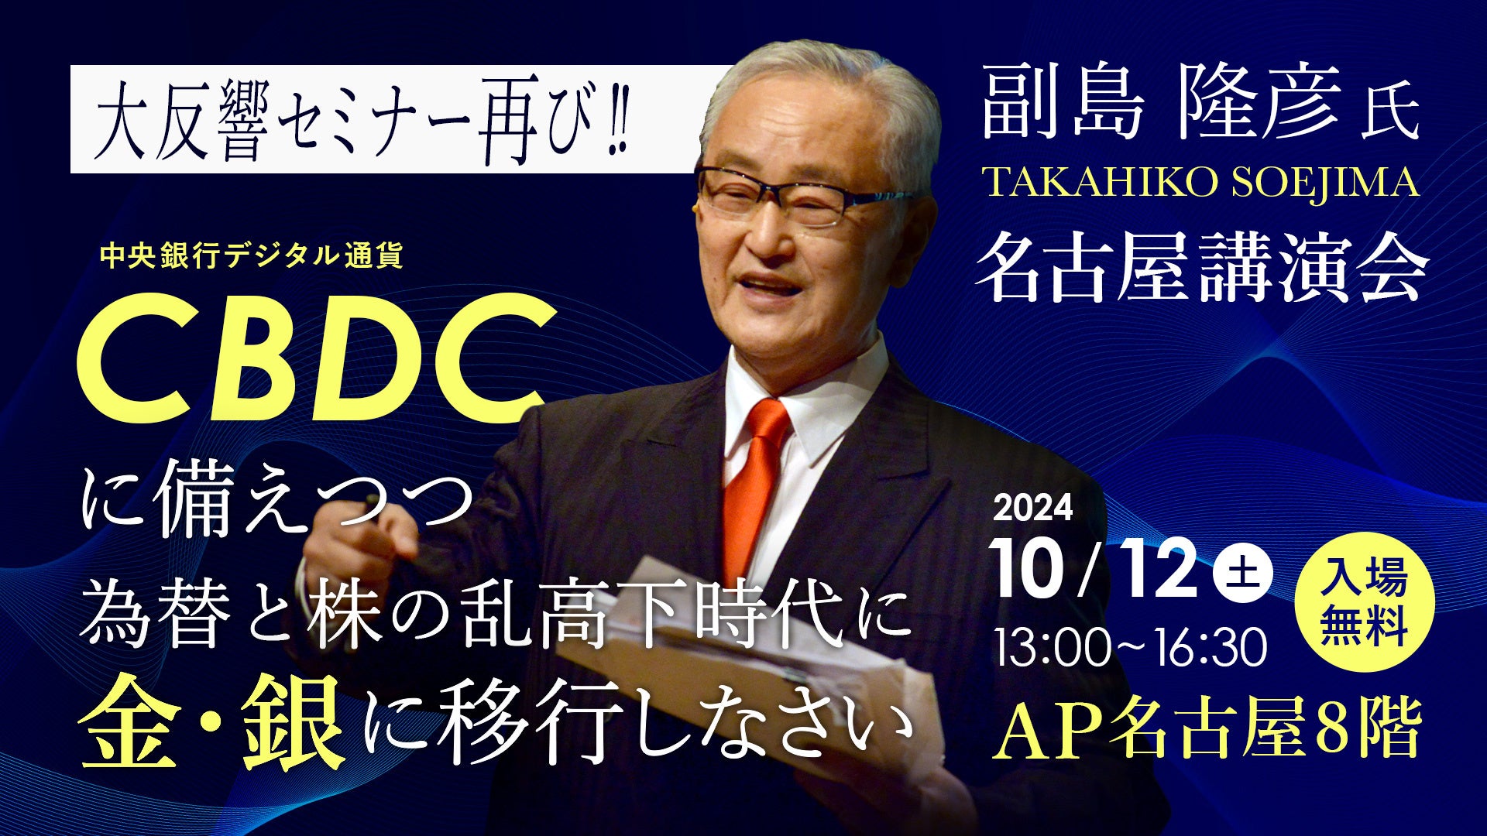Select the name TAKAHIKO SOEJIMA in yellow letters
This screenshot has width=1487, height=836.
[1200, 183]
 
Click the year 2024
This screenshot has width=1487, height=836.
[1032, 509]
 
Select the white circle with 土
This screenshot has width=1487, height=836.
[1242, 574]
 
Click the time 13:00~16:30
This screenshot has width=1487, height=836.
[1130, 647]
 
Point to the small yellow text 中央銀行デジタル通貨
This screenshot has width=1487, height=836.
[252, 256]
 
